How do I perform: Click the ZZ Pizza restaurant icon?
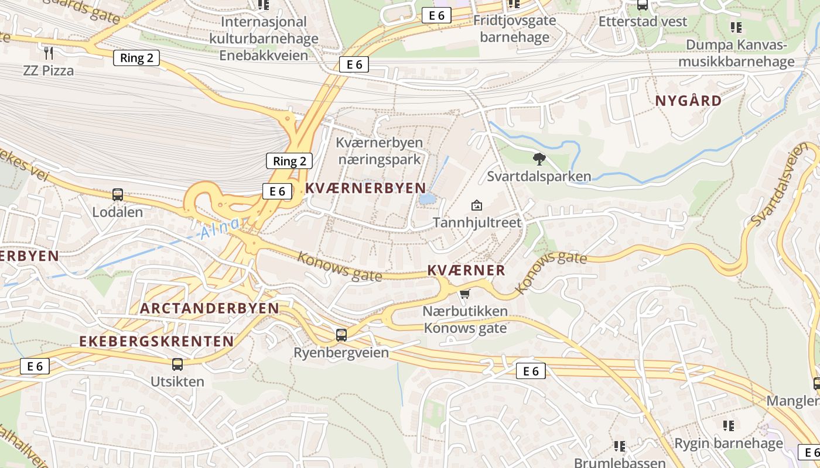(x=49, y=53)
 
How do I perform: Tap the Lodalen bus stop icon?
(x=118, y=195)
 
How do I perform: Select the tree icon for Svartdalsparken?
(x=539, y=159)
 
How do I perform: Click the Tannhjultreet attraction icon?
(x=477, y=205)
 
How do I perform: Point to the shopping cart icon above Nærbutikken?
(x=465, y=294)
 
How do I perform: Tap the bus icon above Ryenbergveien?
(x=341, y=335)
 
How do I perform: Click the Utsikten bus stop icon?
(x=177, y=364)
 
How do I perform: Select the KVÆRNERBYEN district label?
(x=365, y=188)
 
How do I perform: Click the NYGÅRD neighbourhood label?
(x=688, y=101)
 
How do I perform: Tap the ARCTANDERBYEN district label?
(x=210, y=308)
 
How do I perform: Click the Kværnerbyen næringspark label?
(x=379, y=151)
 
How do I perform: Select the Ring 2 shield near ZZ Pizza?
(x=136, y=57)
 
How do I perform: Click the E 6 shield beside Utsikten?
(x=35, y=366)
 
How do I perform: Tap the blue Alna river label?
(x=219, y=229)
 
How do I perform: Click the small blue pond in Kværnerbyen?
(x=428, y=199)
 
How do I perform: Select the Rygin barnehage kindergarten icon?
(x=729, y=425)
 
